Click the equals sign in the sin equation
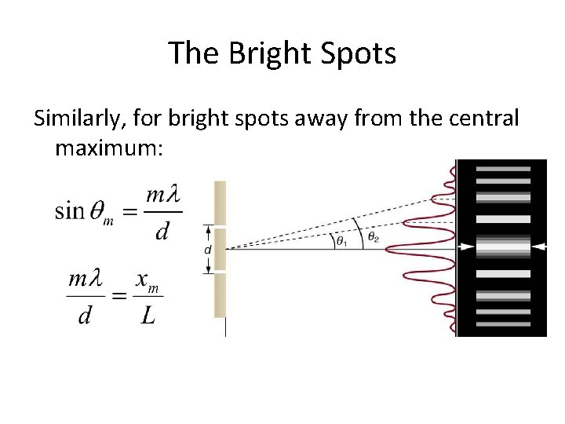tap(129, 212)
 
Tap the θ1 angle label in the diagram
tap(341, 241)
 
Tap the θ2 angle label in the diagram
tap(374, 237)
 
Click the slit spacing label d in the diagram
tap(207, 248)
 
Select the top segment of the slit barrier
tap(221, 202)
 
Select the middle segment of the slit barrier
tap(221, 248)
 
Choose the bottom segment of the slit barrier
tap(221, 295)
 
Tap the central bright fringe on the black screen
tap(502, 247)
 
